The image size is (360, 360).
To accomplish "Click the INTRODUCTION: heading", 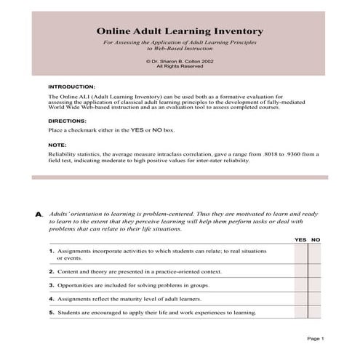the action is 71,86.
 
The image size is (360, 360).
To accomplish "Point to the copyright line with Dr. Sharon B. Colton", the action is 180,62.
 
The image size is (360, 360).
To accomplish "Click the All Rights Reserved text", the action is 180,67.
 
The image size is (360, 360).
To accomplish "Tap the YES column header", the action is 300,239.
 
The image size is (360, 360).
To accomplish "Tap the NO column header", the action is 316,239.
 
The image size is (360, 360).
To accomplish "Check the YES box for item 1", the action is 301,254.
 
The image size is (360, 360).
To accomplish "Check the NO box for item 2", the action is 315,271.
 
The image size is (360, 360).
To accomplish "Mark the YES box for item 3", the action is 301,285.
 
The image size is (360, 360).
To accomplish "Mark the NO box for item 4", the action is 315,299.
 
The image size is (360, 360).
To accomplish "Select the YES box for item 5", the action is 301,313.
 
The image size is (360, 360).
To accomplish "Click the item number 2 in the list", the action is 52,271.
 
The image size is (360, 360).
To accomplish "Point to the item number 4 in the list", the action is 52,299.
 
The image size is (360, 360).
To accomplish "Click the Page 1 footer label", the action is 316,339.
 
